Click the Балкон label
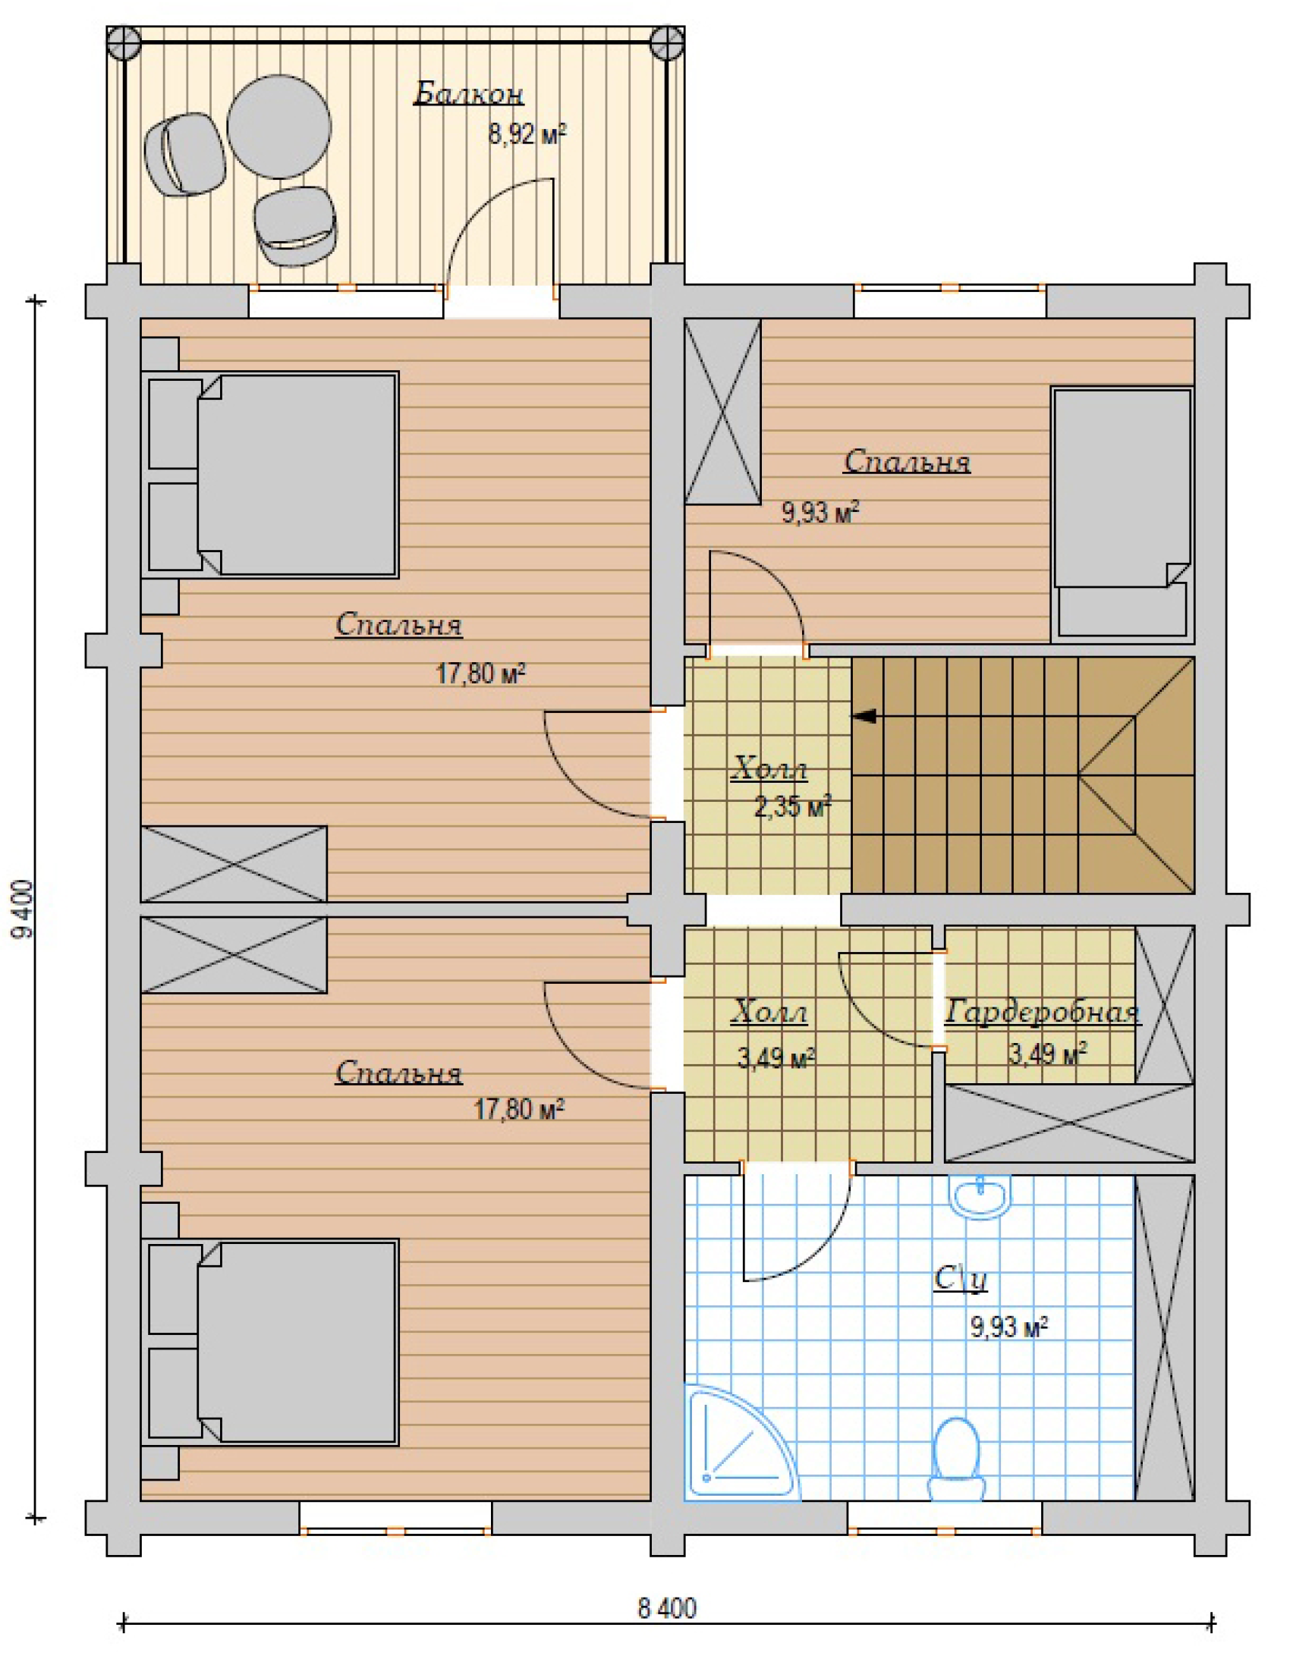tap(468, 94)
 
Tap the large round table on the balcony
tap(279, 127)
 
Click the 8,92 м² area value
tap(527, 135)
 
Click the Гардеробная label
tap(1042, 1013)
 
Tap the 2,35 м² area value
tap(793, 806)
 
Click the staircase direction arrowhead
tap(864, 716)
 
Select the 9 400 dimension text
tap(24, 909)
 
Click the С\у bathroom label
tap(961, 1278)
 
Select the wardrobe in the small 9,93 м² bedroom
tap(722, 412)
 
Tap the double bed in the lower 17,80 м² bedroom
tap(270, 1342)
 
